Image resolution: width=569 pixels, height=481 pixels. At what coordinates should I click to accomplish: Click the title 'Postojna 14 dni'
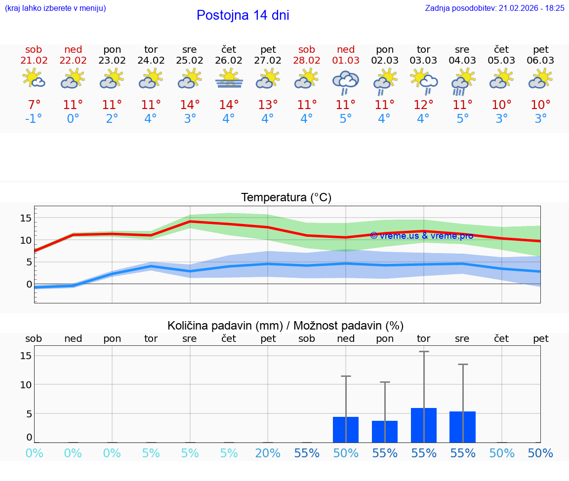click(x=243, y=15)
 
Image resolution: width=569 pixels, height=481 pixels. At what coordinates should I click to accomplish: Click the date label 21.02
click(x=34, y=61)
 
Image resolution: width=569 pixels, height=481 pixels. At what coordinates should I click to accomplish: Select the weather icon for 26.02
click(x=229, y=79)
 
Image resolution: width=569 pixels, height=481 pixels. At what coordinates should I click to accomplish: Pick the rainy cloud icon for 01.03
click(x=346, y=81)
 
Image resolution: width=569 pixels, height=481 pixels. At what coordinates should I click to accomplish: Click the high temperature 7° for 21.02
click(x=34, y=105)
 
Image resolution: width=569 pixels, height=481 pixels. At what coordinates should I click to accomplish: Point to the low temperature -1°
click(x=34, y=119)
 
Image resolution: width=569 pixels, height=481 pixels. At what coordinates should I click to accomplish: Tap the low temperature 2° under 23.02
click(x=112, y=119)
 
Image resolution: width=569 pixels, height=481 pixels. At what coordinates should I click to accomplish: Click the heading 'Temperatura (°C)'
click(x=286, y=198)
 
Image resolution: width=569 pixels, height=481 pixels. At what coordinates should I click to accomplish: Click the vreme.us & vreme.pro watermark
click(x=421, y=236)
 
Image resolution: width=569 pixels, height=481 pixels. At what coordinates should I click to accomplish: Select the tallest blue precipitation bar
click(x=424, y=425)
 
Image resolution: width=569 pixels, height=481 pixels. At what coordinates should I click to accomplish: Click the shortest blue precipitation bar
click(x=385, y=432)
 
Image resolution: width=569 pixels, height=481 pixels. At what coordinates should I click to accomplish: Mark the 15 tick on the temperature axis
click(x=26, y=218)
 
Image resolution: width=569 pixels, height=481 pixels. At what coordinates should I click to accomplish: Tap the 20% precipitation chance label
click(x=268, y=453)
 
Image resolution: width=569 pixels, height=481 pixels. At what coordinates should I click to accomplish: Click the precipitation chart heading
click(x=285, y=326)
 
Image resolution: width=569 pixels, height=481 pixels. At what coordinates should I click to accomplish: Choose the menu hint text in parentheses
click(x=55, y=8)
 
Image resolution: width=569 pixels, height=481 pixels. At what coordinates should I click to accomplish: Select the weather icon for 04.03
click(x=463, y=81)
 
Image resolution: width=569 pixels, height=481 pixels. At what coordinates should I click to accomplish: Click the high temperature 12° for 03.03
click(x=423, y=105)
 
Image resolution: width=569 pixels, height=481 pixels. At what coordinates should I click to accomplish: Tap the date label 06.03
click(x=541, y=61)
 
